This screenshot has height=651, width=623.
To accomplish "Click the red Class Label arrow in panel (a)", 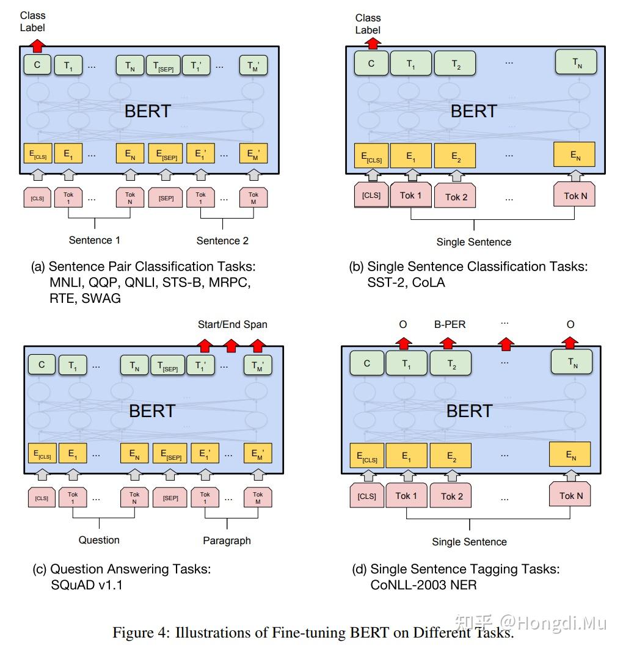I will (x=38, y=45).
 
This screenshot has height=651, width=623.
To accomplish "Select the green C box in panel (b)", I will (x=371, y=63).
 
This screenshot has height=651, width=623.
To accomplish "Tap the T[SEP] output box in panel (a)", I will (x=163, y=65).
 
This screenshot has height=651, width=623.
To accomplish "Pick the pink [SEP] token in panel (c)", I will (x=170, y=498).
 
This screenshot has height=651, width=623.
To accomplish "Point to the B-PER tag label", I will (x=450, y=324).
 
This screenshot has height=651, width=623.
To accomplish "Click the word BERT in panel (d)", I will (x=469, y=411).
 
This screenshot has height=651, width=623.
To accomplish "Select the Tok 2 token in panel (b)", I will (x=456, y=197).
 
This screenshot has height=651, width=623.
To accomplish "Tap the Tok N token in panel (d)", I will (x=570, y=495).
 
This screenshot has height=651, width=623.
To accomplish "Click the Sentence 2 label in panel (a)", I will (x=222, y=241).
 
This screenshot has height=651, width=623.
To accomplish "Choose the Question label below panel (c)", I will (x=99, y=540).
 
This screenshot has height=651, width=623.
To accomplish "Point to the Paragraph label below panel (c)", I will (x=227, y=540).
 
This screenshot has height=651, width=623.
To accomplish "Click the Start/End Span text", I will (x=232, y=324).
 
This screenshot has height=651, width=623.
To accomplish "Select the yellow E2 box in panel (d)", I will (x=451, y=455).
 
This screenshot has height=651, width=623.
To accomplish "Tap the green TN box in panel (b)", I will (x=576, y=62).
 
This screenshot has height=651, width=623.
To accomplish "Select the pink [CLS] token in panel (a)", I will (x=37, y=198).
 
